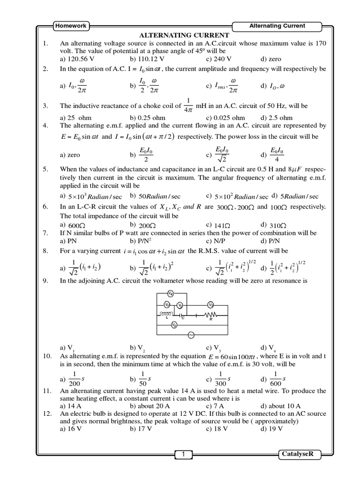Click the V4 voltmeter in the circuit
coord(172,294)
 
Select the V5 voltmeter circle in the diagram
coord(174,325)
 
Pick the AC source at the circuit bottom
coord(190,335)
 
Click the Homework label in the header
coord(71,26)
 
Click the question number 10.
coord(47,357)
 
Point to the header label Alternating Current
coord(277,26)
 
